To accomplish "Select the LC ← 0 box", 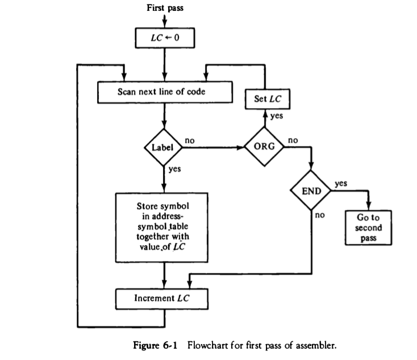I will click(164, 38).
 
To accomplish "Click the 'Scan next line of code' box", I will click(164, 92).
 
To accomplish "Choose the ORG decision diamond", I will click(265, 146).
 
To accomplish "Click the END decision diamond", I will click(311, 191).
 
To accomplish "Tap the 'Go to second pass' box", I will click(369, 227).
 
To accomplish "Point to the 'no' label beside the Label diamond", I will click(190, 139).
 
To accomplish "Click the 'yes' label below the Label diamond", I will click(174, 169).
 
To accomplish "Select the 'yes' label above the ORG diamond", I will click(276, 116).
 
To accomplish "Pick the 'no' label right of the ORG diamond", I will click(293, 139).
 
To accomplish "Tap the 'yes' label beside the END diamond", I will click(341, 184).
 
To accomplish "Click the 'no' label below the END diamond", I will click(319, 216).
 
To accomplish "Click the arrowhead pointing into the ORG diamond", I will click(241, 147).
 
